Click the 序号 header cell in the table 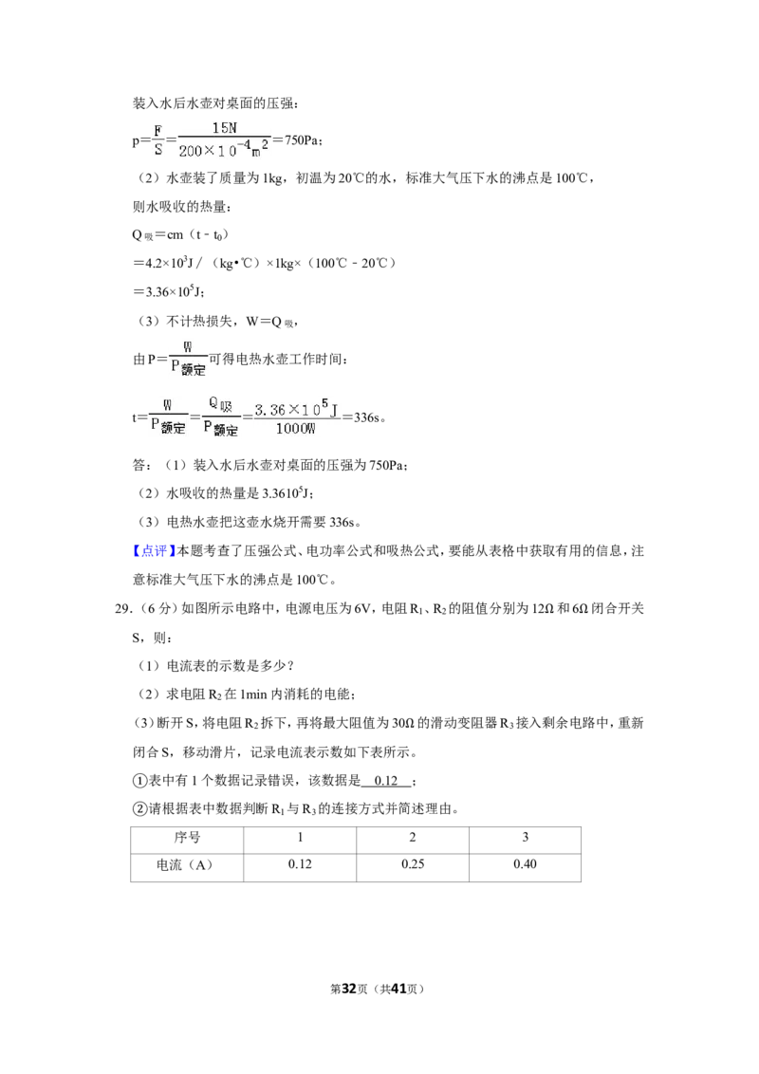coord(187,840)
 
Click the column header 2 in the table coord(413,840)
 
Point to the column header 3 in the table coord(525,840)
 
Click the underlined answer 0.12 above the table coord(386,781)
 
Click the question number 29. coord(122,609)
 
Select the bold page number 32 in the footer coord(349,989)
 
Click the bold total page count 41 coord(398,989)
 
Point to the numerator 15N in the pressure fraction coord(225,128)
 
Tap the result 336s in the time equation coord(368,417)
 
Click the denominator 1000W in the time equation coord(296,429)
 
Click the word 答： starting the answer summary coord(142,466)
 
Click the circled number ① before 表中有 coord(139,781)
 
